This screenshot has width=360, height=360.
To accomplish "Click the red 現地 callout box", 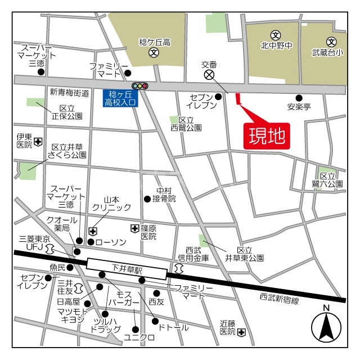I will click(267, 136).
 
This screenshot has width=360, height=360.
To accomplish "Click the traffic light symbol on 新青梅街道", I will click(139, 86).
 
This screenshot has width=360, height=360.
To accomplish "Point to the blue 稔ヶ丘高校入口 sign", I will click(118, 98).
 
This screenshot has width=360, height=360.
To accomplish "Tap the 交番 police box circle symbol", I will click(209, 74).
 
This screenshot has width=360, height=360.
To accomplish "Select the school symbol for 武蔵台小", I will click(331, 41).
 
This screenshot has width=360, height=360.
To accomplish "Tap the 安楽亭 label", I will click(299, 106).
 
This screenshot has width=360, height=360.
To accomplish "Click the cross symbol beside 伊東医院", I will click(38, 141).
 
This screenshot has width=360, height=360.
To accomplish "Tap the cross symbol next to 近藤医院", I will click(241, 332).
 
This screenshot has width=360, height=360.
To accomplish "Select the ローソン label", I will click(111, 242).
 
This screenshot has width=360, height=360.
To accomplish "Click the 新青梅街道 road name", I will click(69, 93).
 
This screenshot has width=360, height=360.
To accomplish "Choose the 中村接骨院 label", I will click(166, 195).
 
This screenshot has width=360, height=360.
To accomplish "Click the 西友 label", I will click(156, 302).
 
